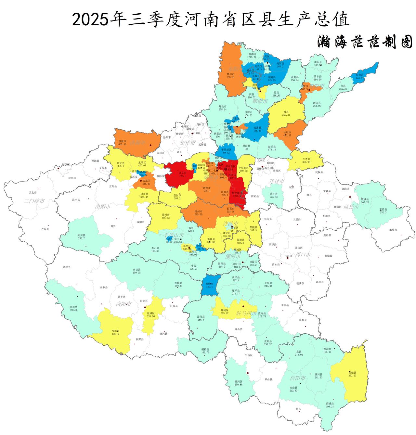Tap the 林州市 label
pyautogui.click(x=230, y=74)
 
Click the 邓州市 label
pyautogui.click(x=116, y=330)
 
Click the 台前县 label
pyautogui.click(x=360, y=75)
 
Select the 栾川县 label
pyautogui.click(x=81, y=235)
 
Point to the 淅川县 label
pyautogui.click(x=73, y=306)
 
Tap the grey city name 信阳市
pyautogui.click(x=298, y=378)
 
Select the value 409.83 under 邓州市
pyautogui.click(x=116, y=334)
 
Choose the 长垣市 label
pyautogui.click(x=287, y=132)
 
